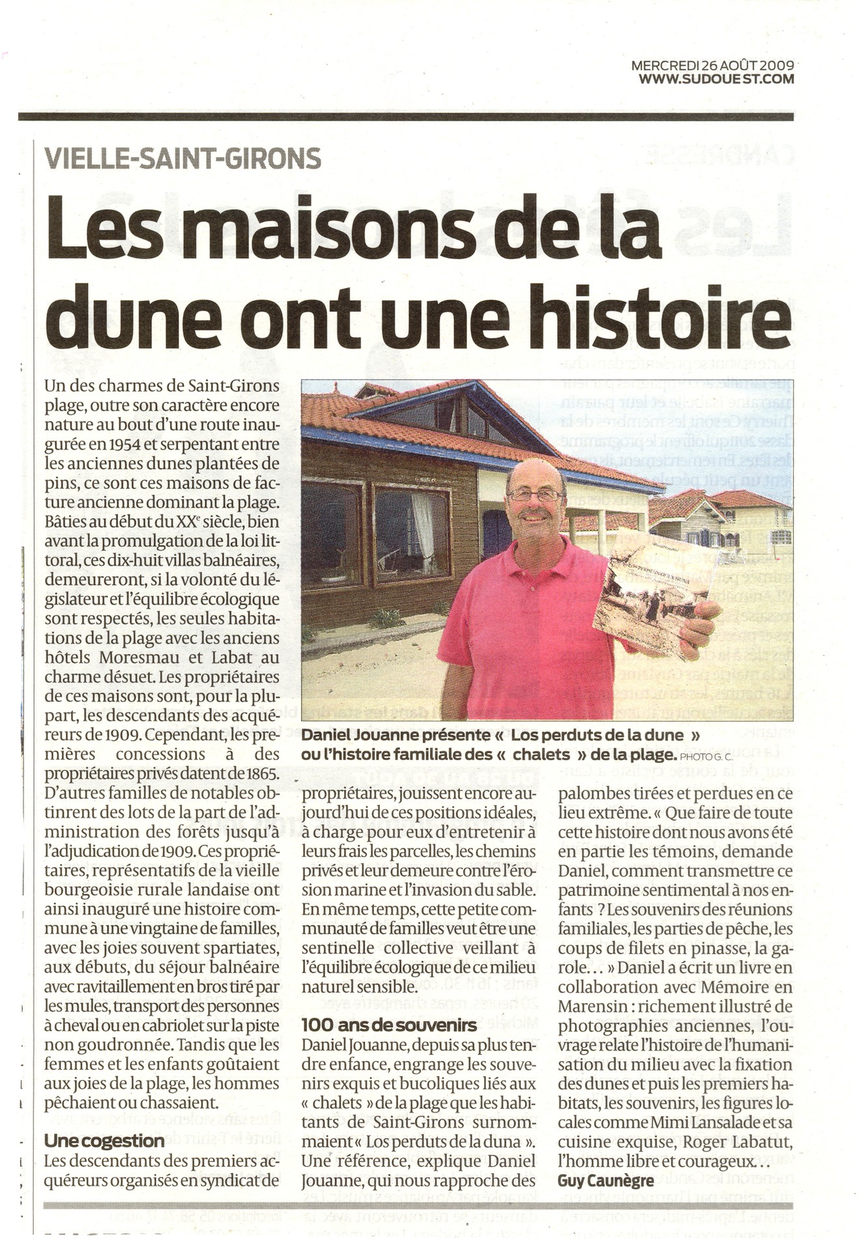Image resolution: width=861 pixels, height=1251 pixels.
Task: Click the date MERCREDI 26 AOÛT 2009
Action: tap(713, 65)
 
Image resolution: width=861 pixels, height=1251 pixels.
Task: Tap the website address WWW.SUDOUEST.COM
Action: tap(716, 79)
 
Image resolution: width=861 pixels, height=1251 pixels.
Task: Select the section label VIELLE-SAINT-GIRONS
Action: tap(182, 158)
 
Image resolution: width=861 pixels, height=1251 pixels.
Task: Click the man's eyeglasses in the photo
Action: tap(535, 495)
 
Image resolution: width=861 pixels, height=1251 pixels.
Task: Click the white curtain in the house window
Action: tap(423, 525)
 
